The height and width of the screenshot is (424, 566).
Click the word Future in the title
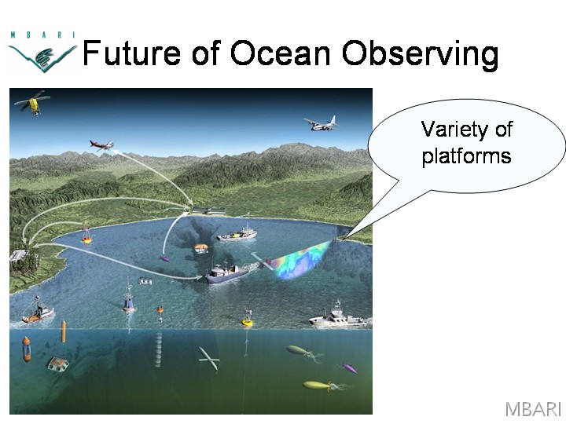pyautogui.click(x=131, y=53)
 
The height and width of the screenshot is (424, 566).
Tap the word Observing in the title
pyautogui.click(x=420, y=55)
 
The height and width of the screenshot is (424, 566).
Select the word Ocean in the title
pyautogui.click(x=281, y=53)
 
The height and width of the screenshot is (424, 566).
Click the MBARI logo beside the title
pyautogui.click(x=42, y=52)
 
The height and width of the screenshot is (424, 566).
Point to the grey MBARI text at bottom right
pyautogui.click(x=533, y=409)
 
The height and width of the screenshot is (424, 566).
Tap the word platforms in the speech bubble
pyautogui.click(x=466, y=156)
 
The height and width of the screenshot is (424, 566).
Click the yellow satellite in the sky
pyautogui.click(x=33, y=102)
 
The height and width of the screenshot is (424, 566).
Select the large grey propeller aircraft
pyautogui.click(x=322, y=124)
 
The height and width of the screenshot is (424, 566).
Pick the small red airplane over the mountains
pyautogui.click(x=101, y=145)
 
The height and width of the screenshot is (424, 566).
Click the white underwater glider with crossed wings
pyautogui.click(x=209, y=358)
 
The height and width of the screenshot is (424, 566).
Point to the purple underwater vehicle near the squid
pyautogui.click(x=349, y=368)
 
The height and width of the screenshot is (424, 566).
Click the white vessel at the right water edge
pyautogui.click(x=338, y=316)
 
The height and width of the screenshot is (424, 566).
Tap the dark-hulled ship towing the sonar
pyautogui.click(x=226, y=273)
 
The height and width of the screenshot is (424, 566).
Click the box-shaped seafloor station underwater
pyautogui.click(x=57, y=364)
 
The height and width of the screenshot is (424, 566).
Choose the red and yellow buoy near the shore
pyautogui.click(x=86, y=233)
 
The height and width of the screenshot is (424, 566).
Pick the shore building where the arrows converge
pyautogui.click(x=209, y=210)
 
